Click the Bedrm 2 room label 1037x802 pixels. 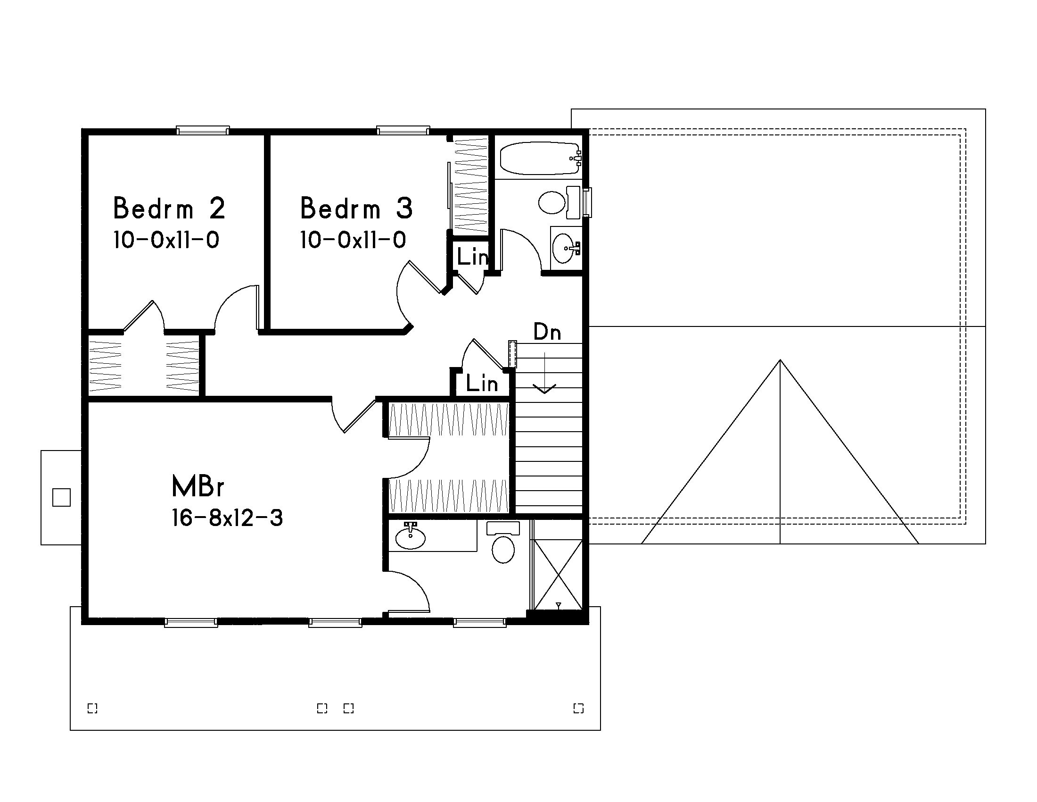[x=169, y=208]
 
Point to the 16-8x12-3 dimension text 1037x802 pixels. [x=227, y=518]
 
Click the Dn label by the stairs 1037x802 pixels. [x=547, y=332]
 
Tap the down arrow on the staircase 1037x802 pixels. [x=544, y=373]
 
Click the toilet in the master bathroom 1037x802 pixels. [x=503, y=543]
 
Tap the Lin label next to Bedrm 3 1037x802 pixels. [x=472, y=257]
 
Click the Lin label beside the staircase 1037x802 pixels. [x=482, y=384]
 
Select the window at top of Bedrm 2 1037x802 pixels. [x=203, y=130]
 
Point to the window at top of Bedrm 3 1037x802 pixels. [x=403, y=130]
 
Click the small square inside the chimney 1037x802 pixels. [x=61, y=497]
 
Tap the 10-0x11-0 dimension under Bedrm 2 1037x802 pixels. [x=166, y=240]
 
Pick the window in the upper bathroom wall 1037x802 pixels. [x=587, y=202]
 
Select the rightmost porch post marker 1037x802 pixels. [x=578, y=709]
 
